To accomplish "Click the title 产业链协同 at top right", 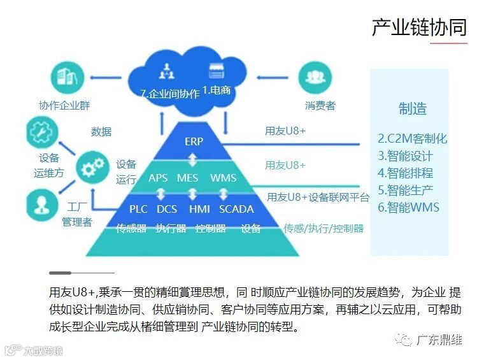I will pyautogui.click(x=419, y=27).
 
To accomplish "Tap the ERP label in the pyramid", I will pyautogui.click(x=194, y=141).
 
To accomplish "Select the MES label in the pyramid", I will pyautogui.click(x=188, y=178).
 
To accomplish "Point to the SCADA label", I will pyautogui.click(x=236, y=209).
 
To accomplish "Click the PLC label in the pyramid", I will pyautogui.click(x=138, y=209).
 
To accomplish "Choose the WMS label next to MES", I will pyautogui.click(x=223, y=178).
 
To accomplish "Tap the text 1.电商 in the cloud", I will pyautogui.click(x=216, y=91).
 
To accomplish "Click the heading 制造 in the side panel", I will pyautogui.click(x=413, y=109).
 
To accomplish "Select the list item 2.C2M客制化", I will pyautogui.click(x=412, y=139).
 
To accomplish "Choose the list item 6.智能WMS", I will pyautogui.click(x=408, y=207).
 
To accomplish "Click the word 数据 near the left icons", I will pyautogui.click(x=101, y=132).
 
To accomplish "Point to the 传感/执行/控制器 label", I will pyautogui.click(x=324, y=228).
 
